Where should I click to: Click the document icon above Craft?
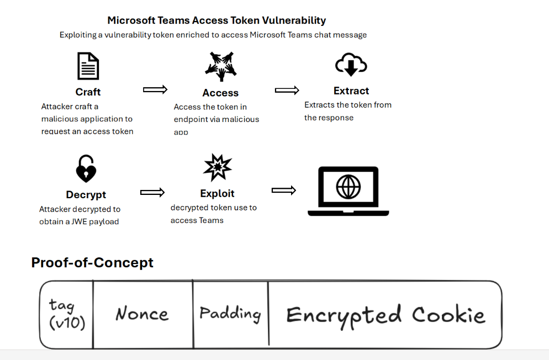[88, 66]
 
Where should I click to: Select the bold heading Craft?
[88, 92]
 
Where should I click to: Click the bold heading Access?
[220, 93]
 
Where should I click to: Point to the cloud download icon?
[351, 65]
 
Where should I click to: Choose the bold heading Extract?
[351, 91]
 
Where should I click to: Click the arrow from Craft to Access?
[155, 89]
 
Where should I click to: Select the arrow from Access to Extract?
[287, 90]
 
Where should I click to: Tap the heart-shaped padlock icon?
[86, 168]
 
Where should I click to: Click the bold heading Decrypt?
[86, 194]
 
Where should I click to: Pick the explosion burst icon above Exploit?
[218, 167]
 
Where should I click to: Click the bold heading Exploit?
[217, 193]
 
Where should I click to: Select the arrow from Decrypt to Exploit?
[152, 192]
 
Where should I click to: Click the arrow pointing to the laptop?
[283, 190]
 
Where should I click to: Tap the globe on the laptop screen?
[348, 187]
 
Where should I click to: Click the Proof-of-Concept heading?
[92, 262]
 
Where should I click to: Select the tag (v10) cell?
[67, 314]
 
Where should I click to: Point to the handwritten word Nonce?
[142, 314]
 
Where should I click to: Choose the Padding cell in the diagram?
[230, 314]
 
